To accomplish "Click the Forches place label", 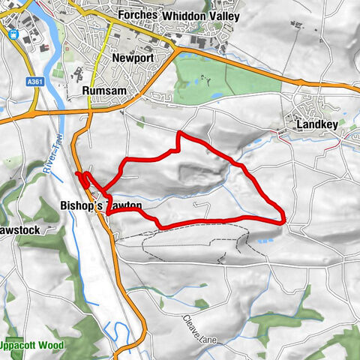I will [138, 15].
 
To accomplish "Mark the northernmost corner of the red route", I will [179, 133].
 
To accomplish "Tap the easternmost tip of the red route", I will [284, 218].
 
